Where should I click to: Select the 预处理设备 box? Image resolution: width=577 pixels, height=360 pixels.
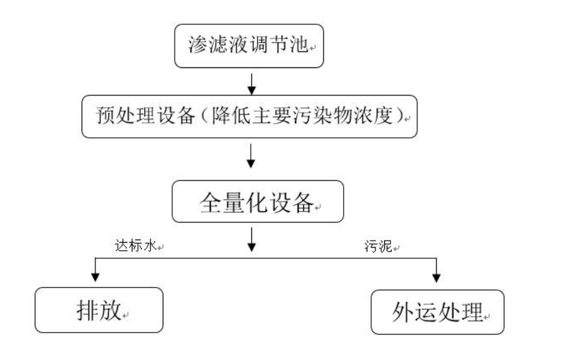[249, 117]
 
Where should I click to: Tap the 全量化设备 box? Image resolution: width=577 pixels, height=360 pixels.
[258, 201]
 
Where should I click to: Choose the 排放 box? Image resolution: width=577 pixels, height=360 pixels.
[99, 310]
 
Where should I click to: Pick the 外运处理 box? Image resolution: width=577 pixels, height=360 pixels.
[437, 311]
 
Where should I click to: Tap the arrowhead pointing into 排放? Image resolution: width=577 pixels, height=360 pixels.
[95, 275]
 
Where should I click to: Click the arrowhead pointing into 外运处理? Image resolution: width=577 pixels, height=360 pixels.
[436, 275]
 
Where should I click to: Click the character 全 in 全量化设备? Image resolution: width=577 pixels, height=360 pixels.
[210, 202]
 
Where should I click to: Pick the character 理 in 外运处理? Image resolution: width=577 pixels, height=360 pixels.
[473, 311]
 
